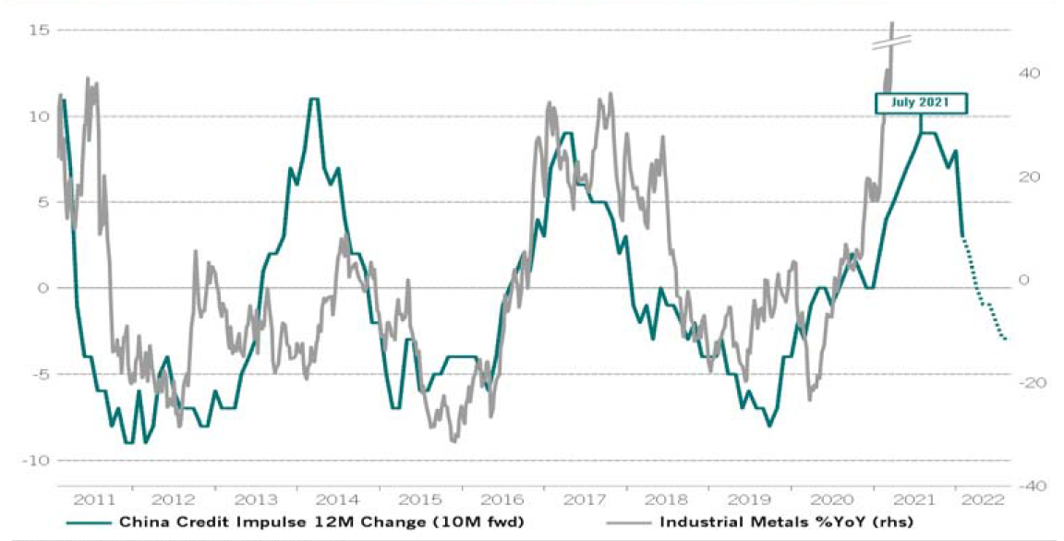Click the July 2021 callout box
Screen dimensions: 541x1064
coord(920,102)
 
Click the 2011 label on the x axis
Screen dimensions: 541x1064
coord(95,499)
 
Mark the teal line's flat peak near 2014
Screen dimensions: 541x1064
coord(314,99)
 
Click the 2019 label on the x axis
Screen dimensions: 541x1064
coord(747,499)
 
